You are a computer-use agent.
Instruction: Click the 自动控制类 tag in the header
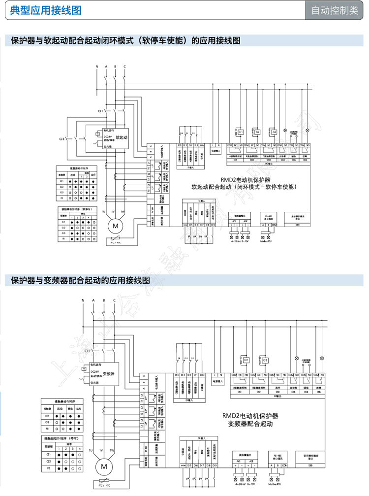[x=335, y=11]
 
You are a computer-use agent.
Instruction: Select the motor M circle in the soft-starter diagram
[x=116, y=226]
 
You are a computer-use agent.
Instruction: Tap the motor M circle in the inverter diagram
[x=104, y=466]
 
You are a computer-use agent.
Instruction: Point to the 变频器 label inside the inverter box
[x=109, y=374]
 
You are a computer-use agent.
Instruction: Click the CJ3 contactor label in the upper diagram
[x=62, y=139]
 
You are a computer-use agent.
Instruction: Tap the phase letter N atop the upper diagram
[x=97, y=66]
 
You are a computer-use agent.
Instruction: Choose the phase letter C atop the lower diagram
[x=114, y=300]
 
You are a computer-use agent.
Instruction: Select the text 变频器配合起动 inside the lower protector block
[x=250, y=424]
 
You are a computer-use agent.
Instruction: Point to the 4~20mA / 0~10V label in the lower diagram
[x=246, y=486]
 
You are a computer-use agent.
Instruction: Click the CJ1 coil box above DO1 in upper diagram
[x=241, y=133]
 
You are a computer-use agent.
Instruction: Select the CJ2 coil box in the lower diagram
[x=265, y=360]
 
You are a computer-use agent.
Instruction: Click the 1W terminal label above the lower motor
[x=112, y=450]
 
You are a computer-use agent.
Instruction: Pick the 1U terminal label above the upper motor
[x=104, y=211]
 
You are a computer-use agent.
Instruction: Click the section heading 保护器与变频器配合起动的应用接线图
[x=80, y=281]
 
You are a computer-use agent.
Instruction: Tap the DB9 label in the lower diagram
[x=311, y=465]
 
